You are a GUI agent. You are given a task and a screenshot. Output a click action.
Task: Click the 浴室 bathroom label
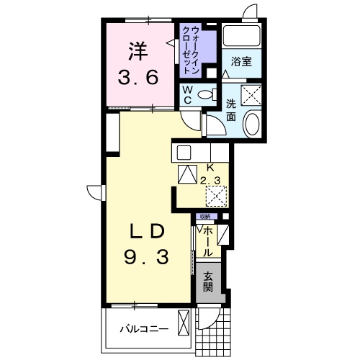tap(241, 63)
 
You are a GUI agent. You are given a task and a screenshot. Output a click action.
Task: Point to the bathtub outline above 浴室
tap(241, 35)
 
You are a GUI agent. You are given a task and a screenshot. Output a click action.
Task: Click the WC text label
tap(186, 94)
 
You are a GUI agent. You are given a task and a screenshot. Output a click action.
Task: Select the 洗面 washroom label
tap(232, 109)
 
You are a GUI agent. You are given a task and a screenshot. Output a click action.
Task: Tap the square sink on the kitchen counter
tap(183, 153)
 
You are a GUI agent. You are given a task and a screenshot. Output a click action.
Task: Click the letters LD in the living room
tap(149, 232)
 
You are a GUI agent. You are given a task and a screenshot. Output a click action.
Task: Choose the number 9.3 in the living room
tap(149, 256)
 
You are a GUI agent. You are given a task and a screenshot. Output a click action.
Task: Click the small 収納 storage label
tap(205, 216)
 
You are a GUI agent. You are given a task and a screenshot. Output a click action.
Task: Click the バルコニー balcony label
tap(143, 329)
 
